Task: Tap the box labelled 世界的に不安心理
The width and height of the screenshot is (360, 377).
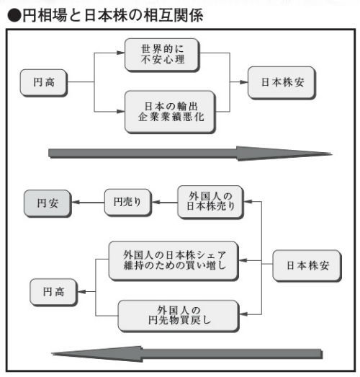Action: pyautogui.click(x=161, y=55)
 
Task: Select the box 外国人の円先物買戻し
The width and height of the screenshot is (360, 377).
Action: pyautogui.click(x=179, y=312)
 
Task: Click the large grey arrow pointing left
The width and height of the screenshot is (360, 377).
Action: pyautogui.click(x=187, y=352)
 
